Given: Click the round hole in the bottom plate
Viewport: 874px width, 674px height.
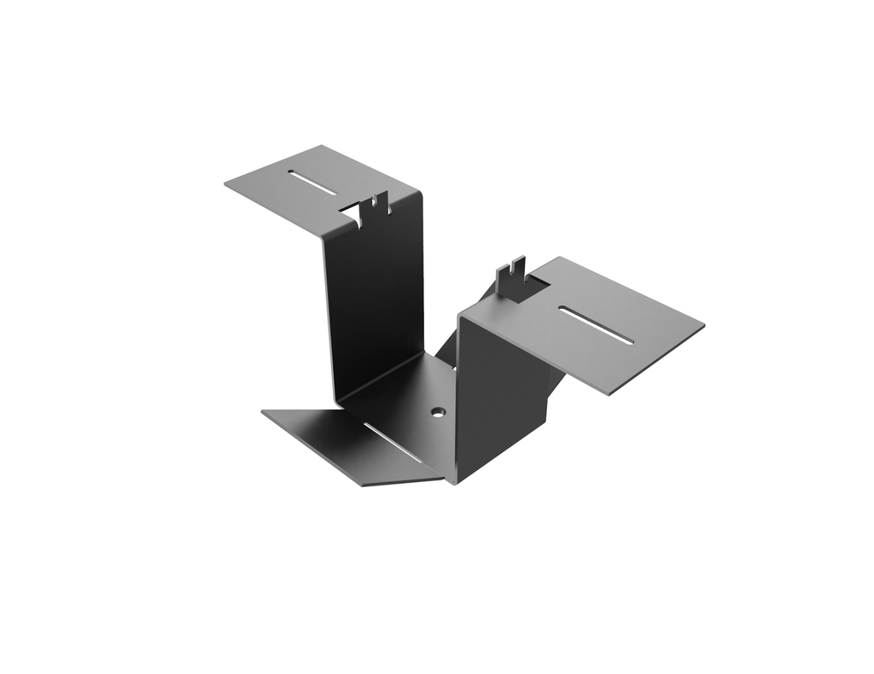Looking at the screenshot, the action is pos(438,411).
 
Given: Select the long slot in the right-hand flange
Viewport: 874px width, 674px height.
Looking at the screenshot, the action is pos(597,325).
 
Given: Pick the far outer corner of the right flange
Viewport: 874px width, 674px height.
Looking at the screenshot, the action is pos(703,324).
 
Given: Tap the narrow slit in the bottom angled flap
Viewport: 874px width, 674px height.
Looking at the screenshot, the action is pos(393,443).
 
